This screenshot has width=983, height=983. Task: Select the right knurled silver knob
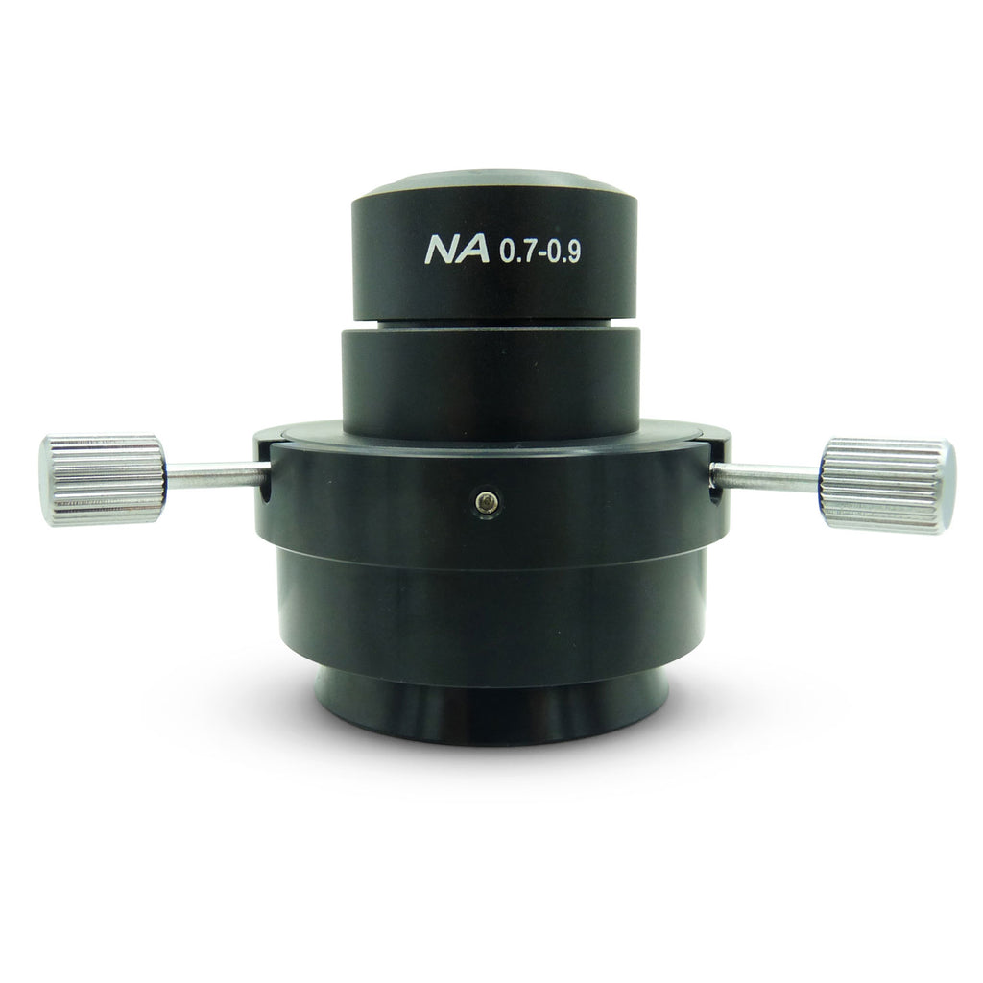click(887, 485)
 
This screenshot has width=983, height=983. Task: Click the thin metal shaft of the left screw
click(213, 474)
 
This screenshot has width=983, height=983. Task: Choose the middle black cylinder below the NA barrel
click(491, 380)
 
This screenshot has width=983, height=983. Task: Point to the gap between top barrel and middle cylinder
click(491, 323)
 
